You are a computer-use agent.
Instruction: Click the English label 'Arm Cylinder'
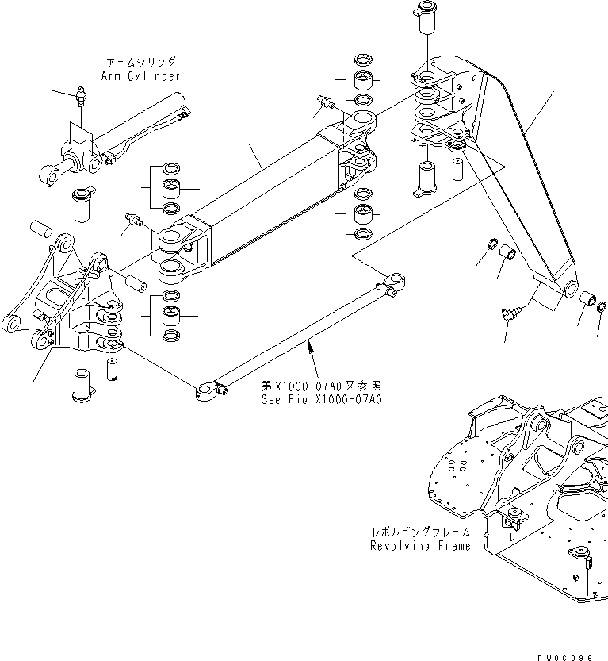point(140,76)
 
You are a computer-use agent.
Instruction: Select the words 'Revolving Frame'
point(420,546)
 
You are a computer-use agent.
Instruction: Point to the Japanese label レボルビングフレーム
point(420,532)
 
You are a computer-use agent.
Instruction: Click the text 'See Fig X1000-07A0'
point(321,399)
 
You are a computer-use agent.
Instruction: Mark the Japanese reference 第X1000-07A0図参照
point(321,386)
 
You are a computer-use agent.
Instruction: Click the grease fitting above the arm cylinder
point(81,96)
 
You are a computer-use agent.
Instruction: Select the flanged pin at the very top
point(422,17)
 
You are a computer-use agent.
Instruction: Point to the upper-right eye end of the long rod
point(395,280)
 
